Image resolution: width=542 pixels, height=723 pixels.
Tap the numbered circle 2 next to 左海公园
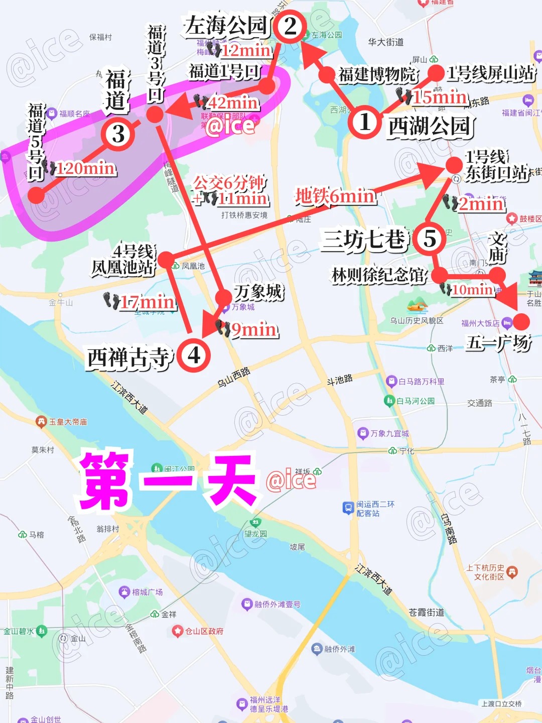(x=290, y=27)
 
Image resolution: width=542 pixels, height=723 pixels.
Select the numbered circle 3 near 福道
(x=118, y=134)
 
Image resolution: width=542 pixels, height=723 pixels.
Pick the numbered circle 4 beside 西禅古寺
(x=194, y=355)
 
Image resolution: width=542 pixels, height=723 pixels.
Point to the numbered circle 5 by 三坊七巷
(x=430, y=238)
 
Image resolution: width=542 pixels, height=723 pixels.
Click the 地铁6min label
(x=335, y=196)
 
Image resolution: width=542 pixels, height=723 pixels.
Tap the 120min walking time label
(x=85, y=168)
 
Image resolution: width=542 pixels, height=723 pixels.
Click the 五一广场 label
(x=498, y=343)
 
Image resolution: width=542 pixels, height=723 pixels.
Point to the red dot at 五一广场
(x=521, y=321)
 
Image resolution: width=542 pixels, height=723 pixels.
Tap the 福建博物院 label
(x=377, y=75)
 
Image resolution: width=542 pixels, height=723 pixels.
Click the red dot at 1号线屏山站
(x=436, y=73)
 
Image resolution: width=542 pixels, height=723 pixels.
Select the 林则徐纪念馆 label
(x=379, y=275)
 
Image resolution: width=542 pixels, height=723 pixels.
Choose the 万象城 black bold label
(x=259, y=292)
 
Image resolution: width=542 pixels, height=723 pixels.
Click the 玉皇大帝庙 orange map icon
(x=41, y=422)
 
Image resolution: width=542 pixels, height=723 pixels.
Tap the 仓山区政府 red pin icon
(x=177, y=631)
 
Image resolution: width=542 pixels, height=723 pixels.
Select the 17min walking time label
(x=148, y=302)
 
